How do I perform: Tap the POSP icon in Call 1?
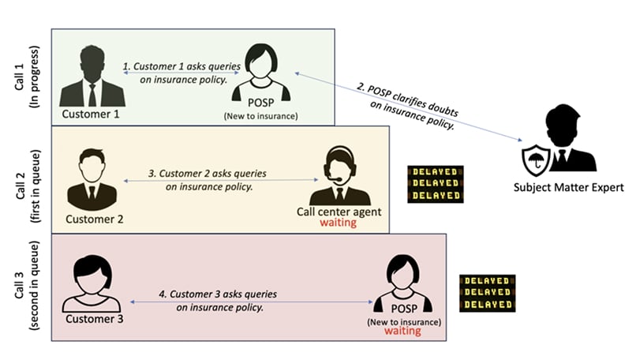point(260,73)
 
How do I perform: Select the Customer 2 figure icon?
point(92,179)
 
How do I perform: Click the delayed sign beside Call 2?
point(435,184)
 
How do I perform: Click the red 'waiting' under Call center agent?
point(339,223)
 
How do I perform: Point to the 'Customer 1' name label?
point(91,116)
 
